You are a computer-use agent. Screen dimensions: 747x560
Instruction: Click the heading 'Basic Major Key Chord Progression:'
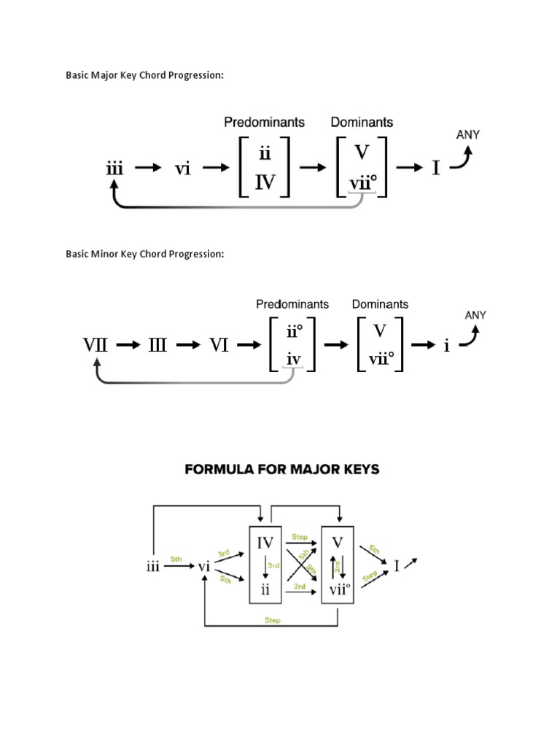[x=144, y=76]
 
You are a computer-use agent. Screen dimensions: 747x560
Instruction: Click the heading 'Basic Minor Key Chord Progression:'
[x=144, y=254]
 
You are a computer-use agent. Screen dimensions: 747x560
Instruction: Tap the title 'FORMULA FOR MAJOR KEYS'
[x=282, y=470]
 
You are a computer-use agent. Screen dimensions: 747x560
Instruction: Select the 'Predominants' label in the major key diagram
[x=264, y=122]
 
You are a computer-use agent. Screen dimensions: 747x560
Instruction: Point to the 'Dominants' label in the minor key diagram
[x=380, y=304]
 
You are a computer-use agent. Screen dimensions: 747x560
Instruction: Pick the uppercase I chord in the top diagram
[x=436, y=169]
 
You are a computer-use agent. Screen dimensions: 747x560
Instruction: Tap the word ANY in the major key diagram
[x=468, y=135]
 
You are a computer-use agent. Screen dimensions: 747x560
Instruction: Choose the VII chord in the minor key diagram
[x=95, y=346]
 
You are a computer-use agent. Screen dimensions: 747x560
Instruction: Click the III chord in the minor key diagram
[x=157, y=346]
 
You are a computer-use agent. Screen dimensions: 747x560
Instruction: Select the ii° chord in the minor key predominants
[x=295, y=333]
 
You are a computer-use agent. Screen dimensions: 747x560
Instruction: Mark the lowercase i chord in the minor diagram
[x=446, y=346]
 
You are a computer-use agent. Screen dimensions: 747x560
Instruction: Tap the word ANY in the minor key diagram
[x=475, y=315]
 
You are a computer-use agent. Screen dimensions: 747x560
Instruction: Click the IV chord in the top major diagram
[x=264, y=182]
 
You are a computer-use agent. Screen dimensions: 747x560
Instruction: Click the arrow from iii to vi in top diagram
[x=148, y=169]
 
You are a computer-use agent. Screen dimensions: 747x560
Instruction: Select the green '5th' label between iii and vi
[x=176, y=559]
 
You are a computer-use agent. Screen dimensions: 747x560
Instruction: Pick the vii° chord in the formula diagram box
[x=337, y=589]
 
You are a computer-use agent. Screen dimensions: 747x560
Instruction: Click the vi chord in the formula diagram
[x=203, y=567]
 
